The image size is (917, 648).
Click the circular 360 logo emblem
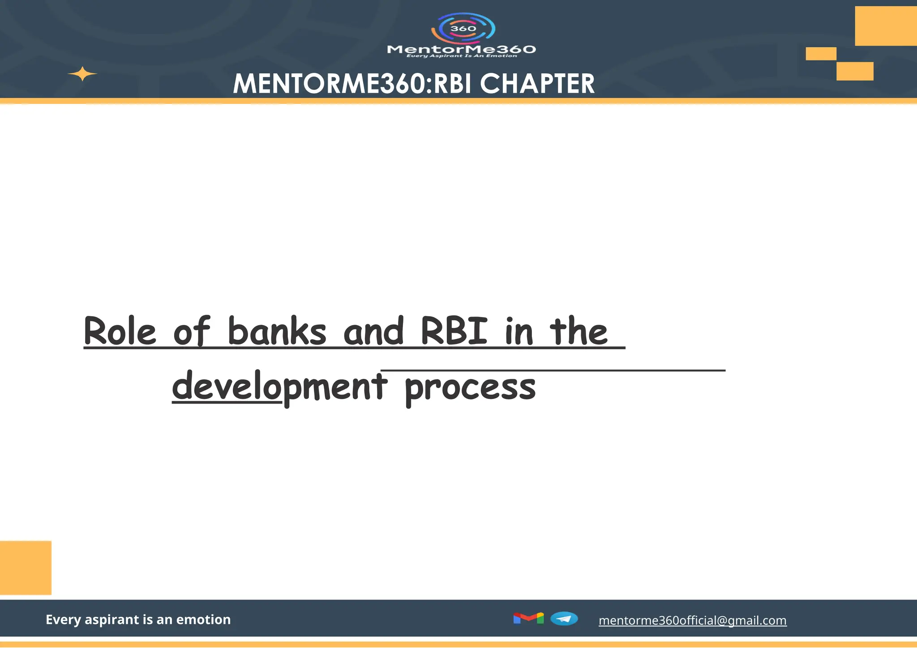coord(463,28)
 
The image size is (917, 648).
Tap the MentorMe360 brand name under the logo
coord(461,49)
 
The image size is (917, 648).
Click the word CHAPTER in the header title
coord(537,84)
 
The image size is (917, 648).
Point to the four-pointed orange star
coord(82,74)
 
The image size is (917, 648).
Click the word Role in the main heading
coord(120,331)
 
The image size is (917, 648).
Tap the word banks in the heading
coord(277,331)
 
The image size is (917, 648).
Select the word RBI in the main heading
coord(454,331)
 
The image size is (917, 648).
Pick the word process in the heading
coord(470,388)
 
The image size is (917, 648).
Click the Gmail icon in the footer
coord(528,618)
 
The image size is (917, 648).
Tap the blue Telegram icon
coord(564,618)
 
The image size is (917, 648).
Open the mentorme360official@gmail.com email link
coord(692,620)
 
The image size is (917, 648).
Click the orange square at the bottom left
coord(26,567)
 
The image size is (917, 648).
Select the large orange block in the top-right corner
coord(886,26)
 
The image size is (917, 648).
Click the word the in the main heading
coord(578,331)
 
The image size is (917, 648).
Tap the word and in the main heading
coord(374,331)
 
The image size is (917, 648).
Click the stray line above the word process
coord(553,370)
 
